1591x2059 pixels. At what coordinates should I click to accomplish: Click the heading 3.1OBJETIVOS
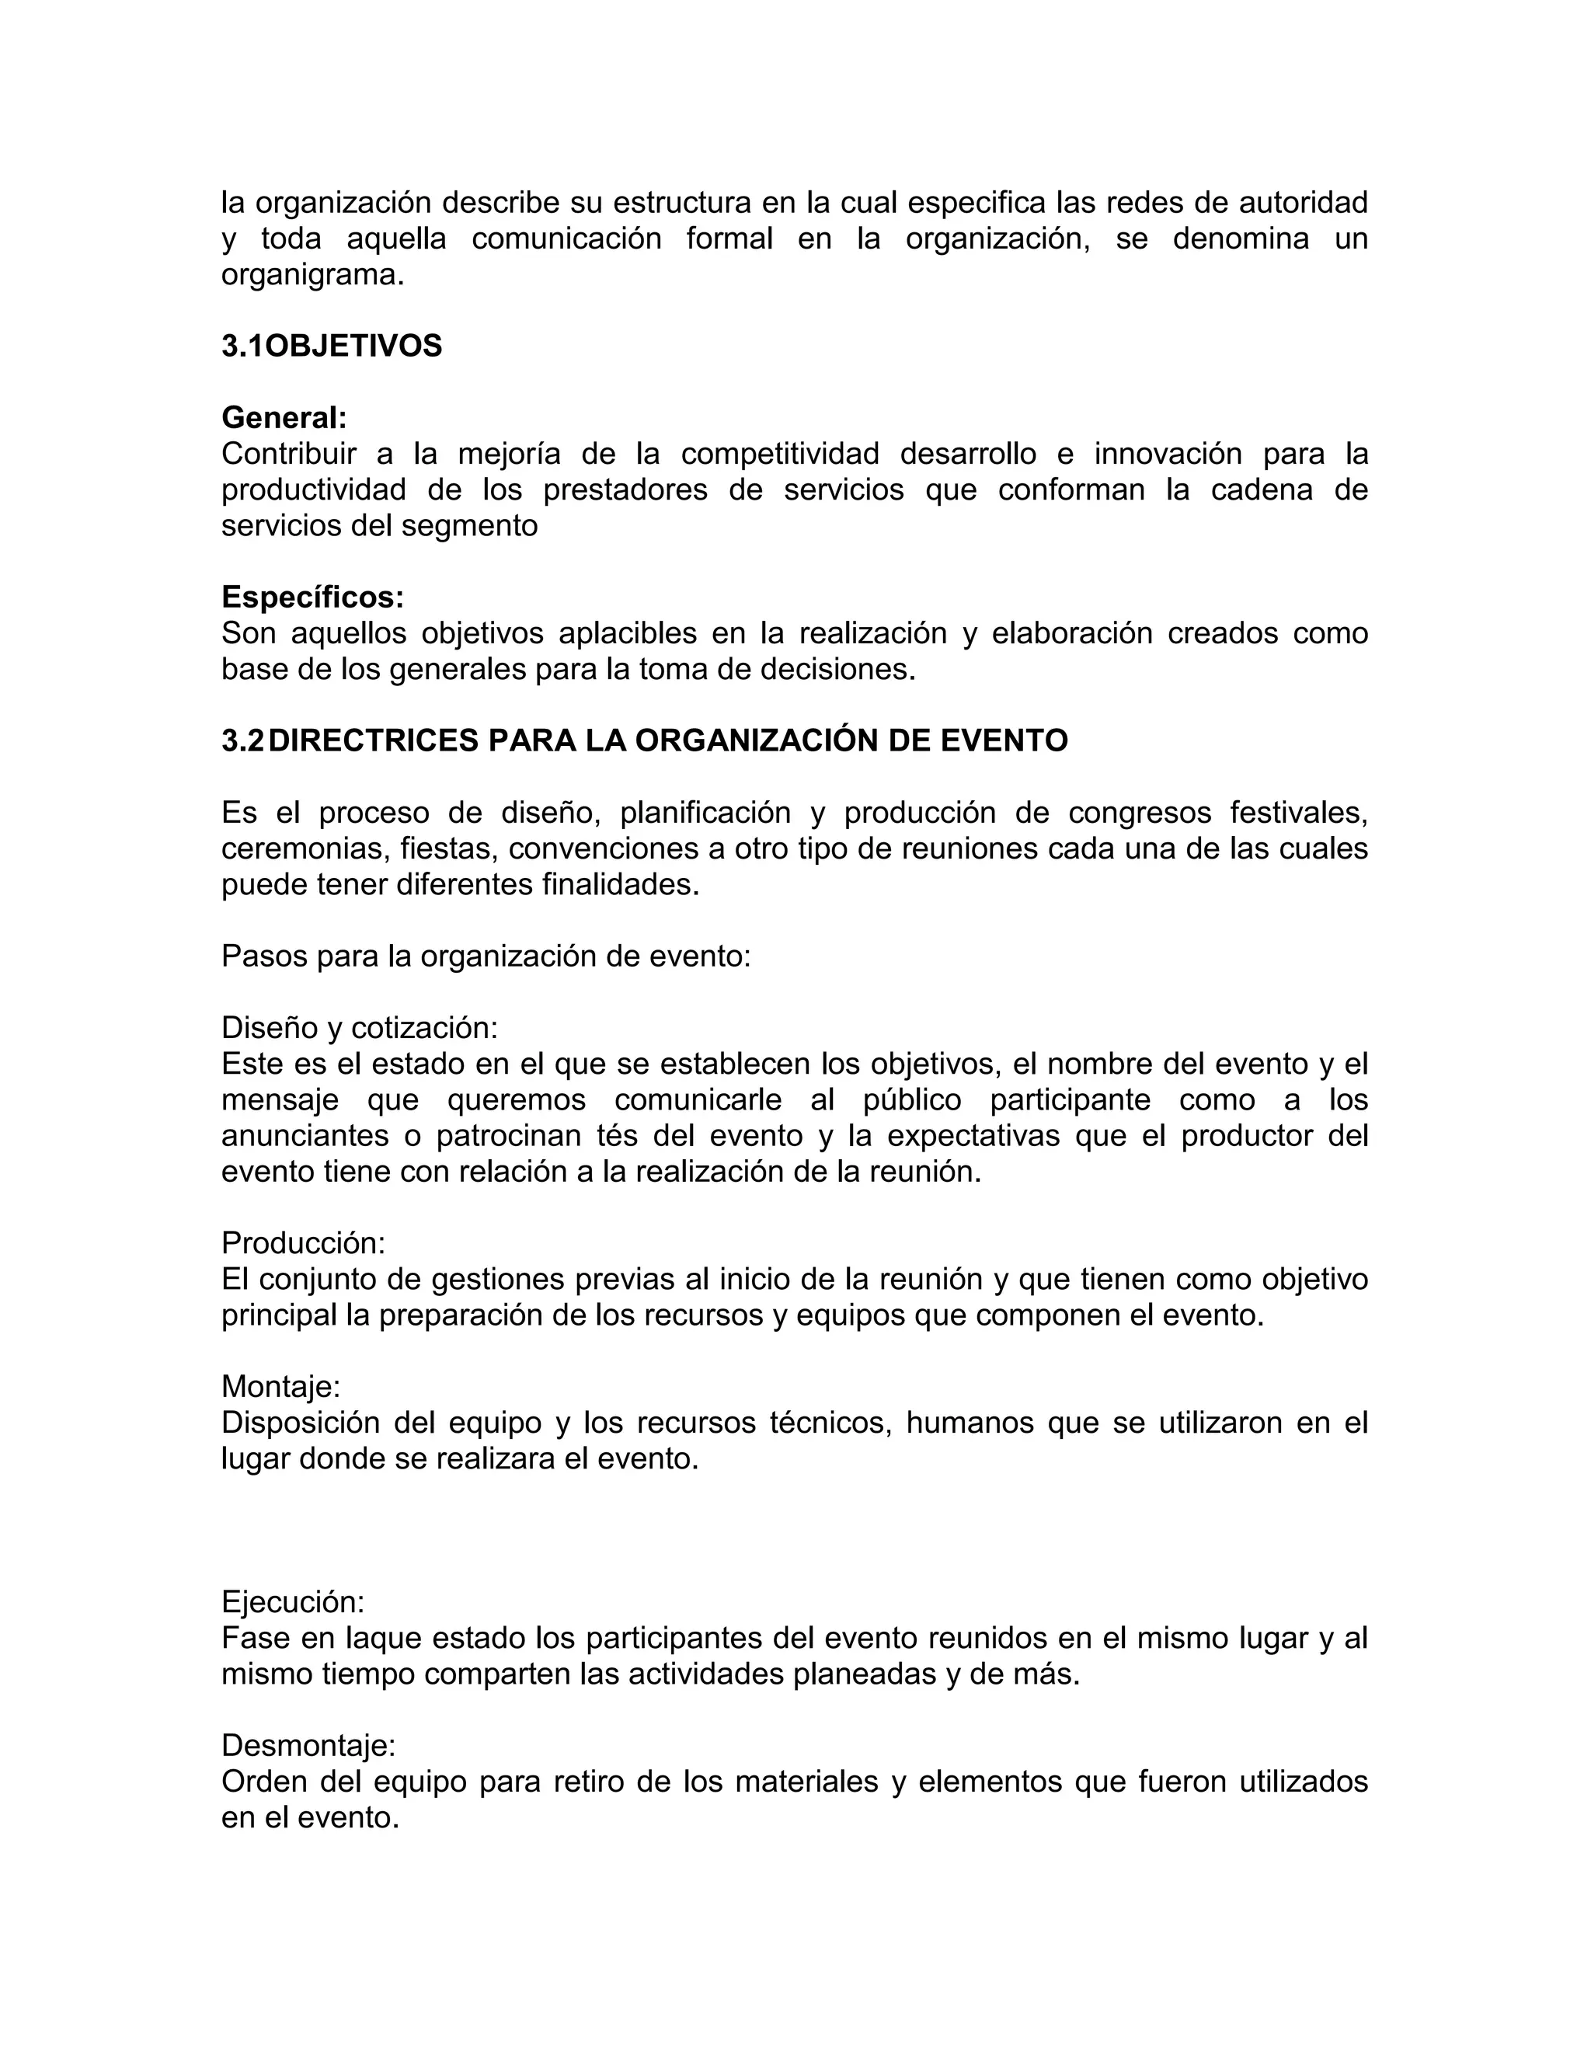332,346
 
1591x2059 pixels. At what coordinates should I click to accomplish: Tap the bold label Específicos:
312,597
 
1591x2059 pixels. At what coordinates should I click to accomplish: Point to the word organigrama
311,275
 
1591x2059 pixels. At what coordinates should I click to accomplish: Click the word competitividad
779,454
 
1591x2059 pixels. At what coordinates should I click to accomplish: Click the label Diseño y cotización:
359,1026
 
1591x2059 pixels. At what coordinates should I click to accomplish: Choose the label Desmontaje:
308,1745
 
